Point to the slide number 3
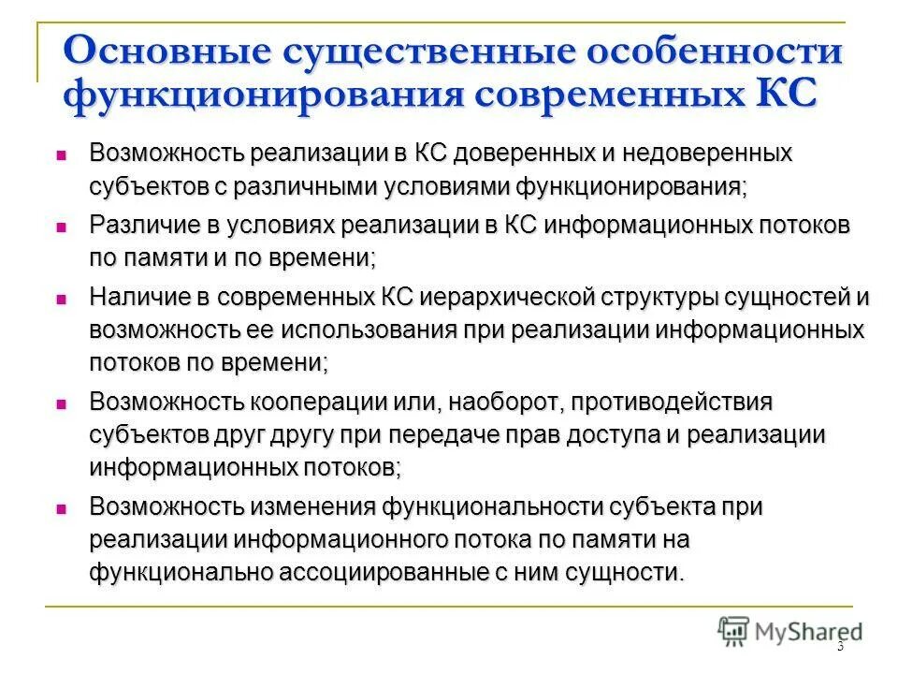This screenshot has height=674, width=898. (x=840, y=646)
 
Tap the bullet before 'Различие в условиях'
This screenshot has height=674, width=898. (x=61, y=227)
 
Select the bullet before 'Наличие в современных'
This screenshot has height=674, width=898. (x=61, y=300)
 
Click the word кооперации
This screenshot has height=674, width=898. (x=327, y=403)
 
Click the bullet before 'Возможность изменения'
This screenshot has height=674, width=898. (x=61, y=508)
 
